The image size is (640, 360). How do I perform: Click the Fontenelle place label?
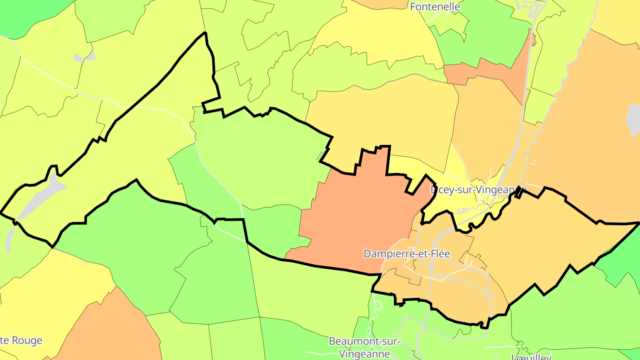click(x=435, y=7)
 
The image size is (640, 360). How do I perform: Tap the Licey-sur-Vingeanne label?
click(x=478, y=190)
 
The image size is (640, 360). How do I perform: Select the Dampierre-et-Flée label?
click(x=407, y=254)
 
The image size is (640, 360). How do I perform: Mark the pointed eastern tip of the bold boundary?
click(x=638, y=224)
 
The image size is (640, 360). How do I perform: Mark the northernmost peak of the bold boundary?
click(x=205, y=33)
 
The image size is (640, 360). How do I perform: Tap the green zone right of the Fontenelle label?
click(x=489, y=31)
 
